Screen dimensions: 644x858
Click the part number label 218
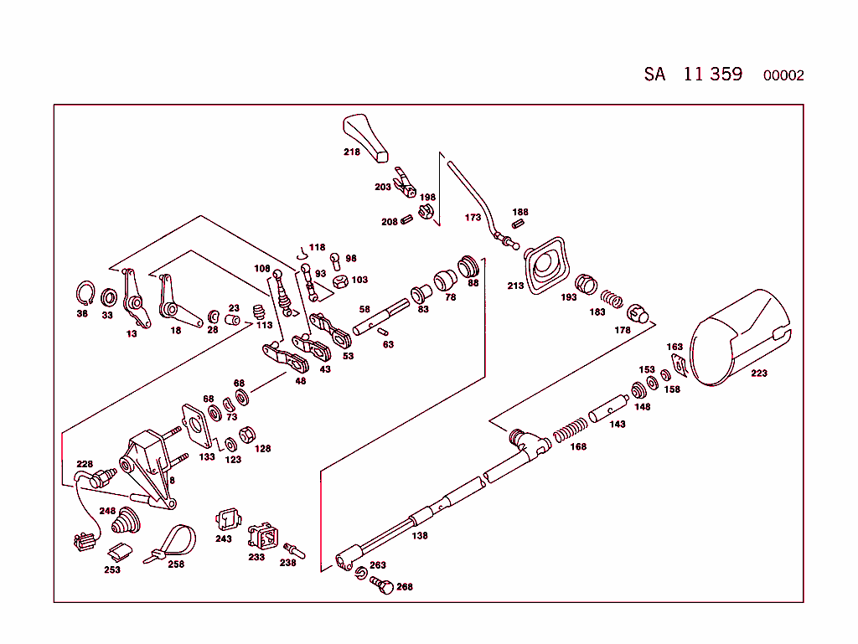coord(351,152)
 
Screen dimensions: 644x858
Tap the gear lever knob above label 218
coord(365,135)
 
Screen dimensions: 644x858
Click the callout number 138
coord(419,535)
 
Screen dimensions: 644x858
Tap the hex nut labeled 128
coord(247,435)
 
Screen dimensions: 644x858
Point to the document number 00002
coord(783,75)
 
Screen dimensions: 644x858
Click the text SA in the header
coord(654,74)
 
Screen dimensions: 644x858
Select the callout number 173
coord(473,218)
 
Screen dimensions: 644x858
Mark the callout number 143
coord(617,425)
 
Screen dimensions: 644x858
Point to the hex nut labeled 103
coord(341,281)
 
